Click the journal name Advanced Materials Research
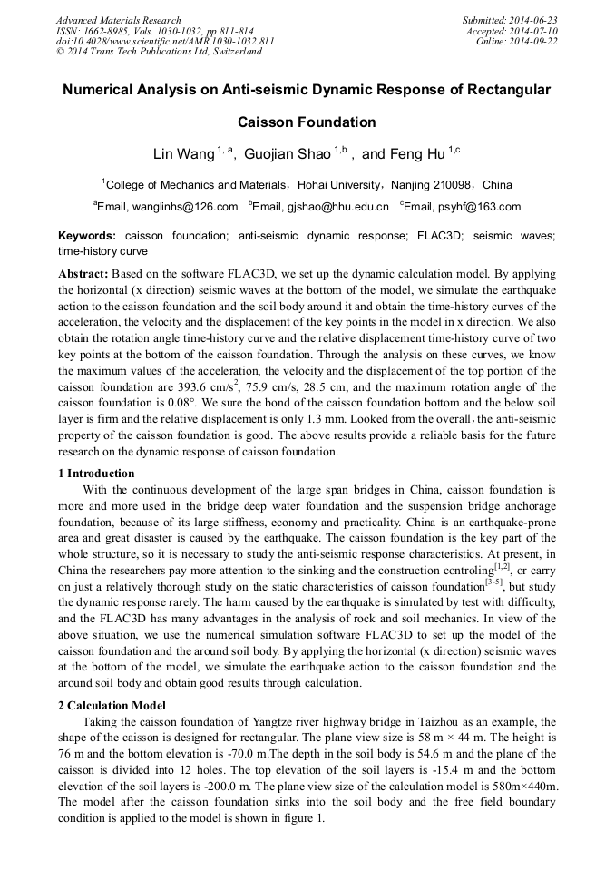(x=119, y=20)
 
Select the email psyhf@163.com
(x=480, y=207)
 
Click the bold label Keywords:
(x=87, y=236)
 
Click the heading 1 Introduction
(x=96, y=474)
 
